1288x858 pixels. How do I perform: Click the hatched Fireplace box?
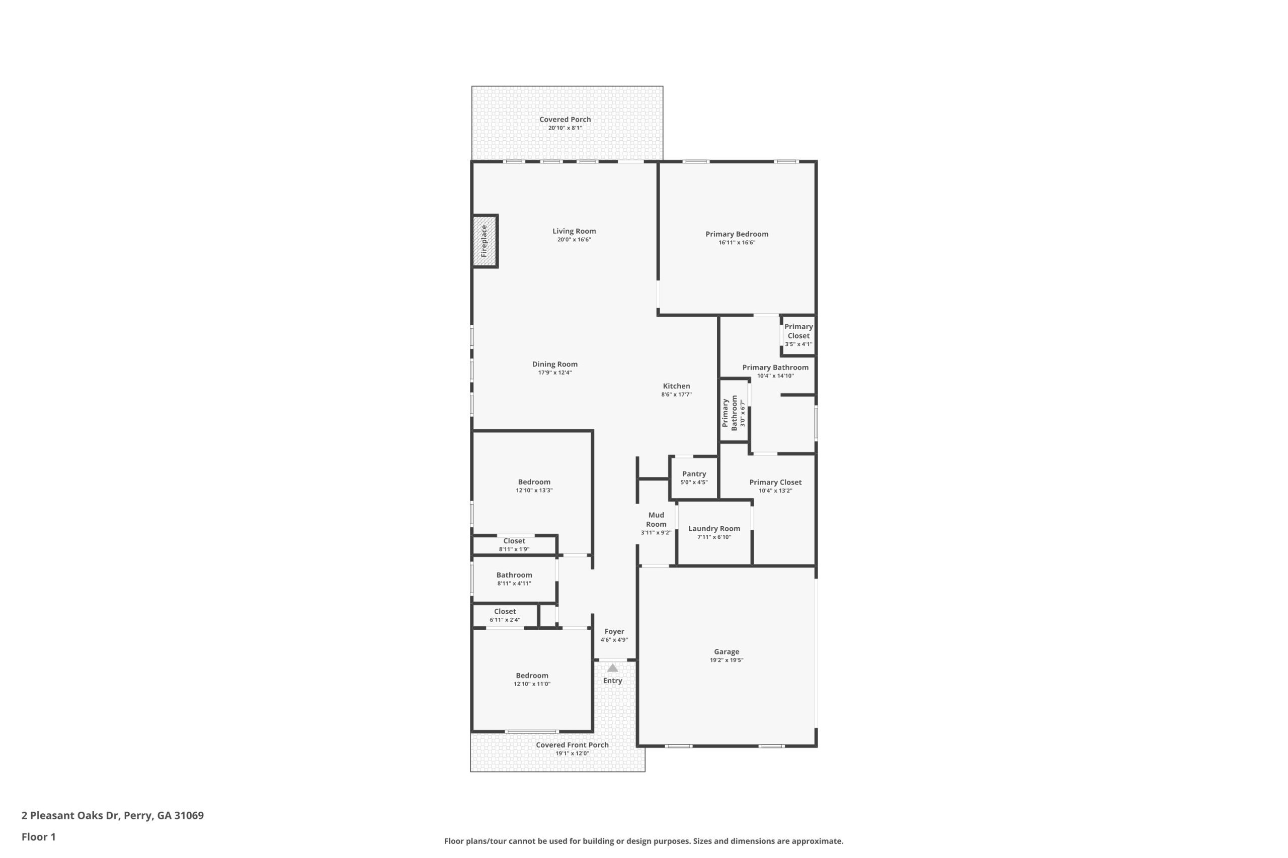[485, 241]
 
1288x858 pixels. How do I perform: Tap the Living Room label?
[574, 231]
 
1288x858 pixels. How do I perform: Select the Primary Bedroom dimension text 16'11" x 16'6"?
[737, 242]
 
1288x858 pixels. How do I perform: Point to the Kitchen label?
[676, 386]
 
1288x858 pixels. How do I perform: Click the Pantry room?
[694, 478]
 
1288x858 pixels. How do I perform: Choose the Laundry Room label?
[714, 528]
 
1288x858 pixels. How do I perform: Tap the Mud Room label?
[656, 519]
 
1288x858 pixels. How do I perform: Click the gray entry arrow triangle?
[612, 668]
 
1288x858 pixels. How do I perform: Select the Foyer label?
[614, 631]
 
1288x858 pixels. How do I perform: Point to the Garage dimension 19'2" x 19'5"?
[727, 660]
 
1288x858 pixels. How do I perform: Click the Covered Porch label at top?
[565, 119]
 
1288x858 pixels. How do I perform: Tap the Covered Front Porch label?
[572, 745]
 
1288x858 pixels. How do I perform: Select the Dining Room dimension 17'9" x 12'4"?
[555, 372]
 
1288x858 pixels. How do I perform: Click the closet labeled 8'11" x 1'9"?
[514, 545]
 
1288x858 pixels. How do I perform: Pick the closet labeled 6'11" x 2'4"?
[505, 616]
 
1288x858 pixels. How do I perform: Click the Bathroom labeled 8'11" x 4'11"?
[514, 579]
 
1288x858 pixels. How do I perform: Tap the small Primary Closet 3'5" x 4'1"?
[798, 335]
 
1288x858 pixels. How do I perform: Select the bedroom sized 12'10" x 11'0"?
[532, 680]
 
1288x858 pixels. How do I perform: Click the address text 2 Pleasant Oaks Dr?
[70, 815]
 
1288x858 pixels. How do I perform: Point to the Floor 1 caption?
[38, 837]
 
